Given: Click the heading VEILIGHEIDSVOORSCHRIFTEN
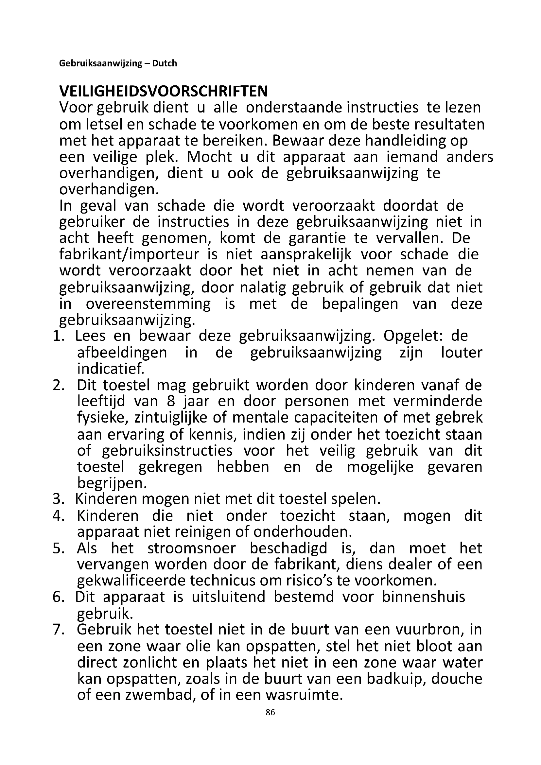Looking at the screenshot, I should click(163, 91).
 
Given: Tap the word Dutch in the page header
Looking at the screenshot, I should click(164, 63).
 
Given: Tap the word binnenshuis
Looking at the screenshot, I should click(423, 597).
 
